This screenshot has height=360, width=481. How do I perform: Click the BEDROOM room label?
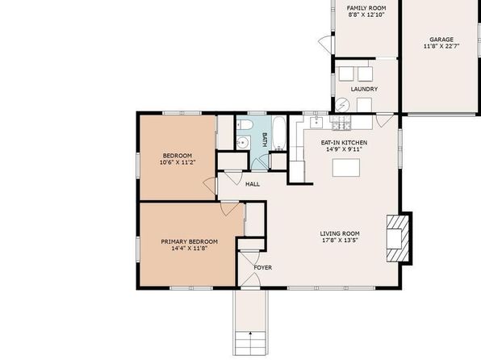pyautogui.click(x=178, y=156)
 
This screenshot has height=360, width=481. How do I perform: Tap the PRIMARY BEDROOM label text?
pyautogui.click(x=190, y=241)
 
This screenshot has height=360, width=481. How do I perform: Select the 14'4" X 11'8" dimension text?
pyautogui.click(x=190, y=249)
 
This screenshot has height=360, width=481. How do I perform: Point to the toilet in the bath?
pyautogui.click(x=245, y=124)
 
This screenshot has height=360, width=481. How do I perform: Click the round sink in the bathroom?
pyautogui.click(x=244, y=143)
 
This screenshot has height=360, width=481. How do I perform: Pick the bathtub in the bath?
pyautogui.click(x=279, y=134)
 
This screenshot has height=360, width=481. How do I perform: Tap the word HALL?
pyautogui.click(x=253, y=184)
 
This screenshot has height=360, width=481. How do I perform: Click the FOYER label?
pyautogui.click(x=263, y=268)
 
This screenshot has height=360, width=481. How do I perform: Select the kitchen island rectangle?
pyautogui.click(x=346, y=168)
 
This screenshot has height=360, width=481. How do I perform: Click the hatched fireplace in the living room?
pyautogui.click(x=398, y=238)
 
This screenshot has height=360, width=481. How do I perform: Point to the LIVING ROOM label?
pyautogui.click(x=340, y=233)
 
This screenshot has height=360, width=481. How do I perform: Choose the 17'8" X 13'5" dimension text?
pyautogui.click(x=340, y=241)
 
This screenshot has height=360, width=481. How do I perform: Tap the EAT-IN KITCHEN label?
pyautogui.click(x=344, y=143)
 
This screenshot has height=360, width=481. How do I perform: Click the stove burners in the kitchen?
pyautogui.click(x=341, y=122)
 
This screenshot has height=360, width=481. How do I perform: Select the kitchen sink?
pyautogui.click(x=316, y=122)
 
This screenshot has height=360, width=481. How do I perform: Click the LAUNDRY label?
pyautogui.click(x=364, y=89)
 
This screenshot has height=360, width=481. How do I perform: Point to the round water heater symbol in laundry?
pyautogui.click(x=342, y=105)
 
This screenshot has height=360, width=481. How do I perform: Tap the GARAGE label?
pyautogui.click(x=441, y=40)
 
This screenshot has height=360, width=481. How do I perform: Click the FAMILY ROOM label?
pyautogui.click(x=366, y=8)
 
